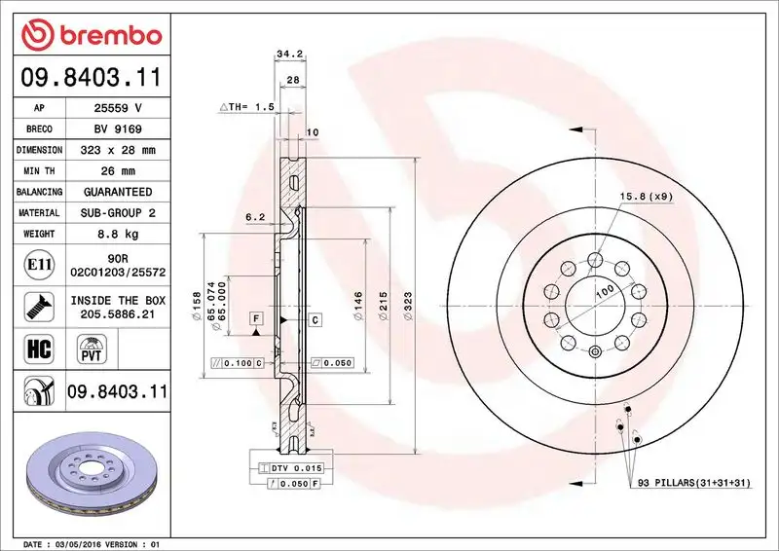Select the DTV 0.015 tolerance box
coord(291,469)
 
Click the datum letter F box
coord(255,318)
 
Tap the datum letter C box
coord(316,319)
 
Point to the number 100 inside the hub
coord(606,291)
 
